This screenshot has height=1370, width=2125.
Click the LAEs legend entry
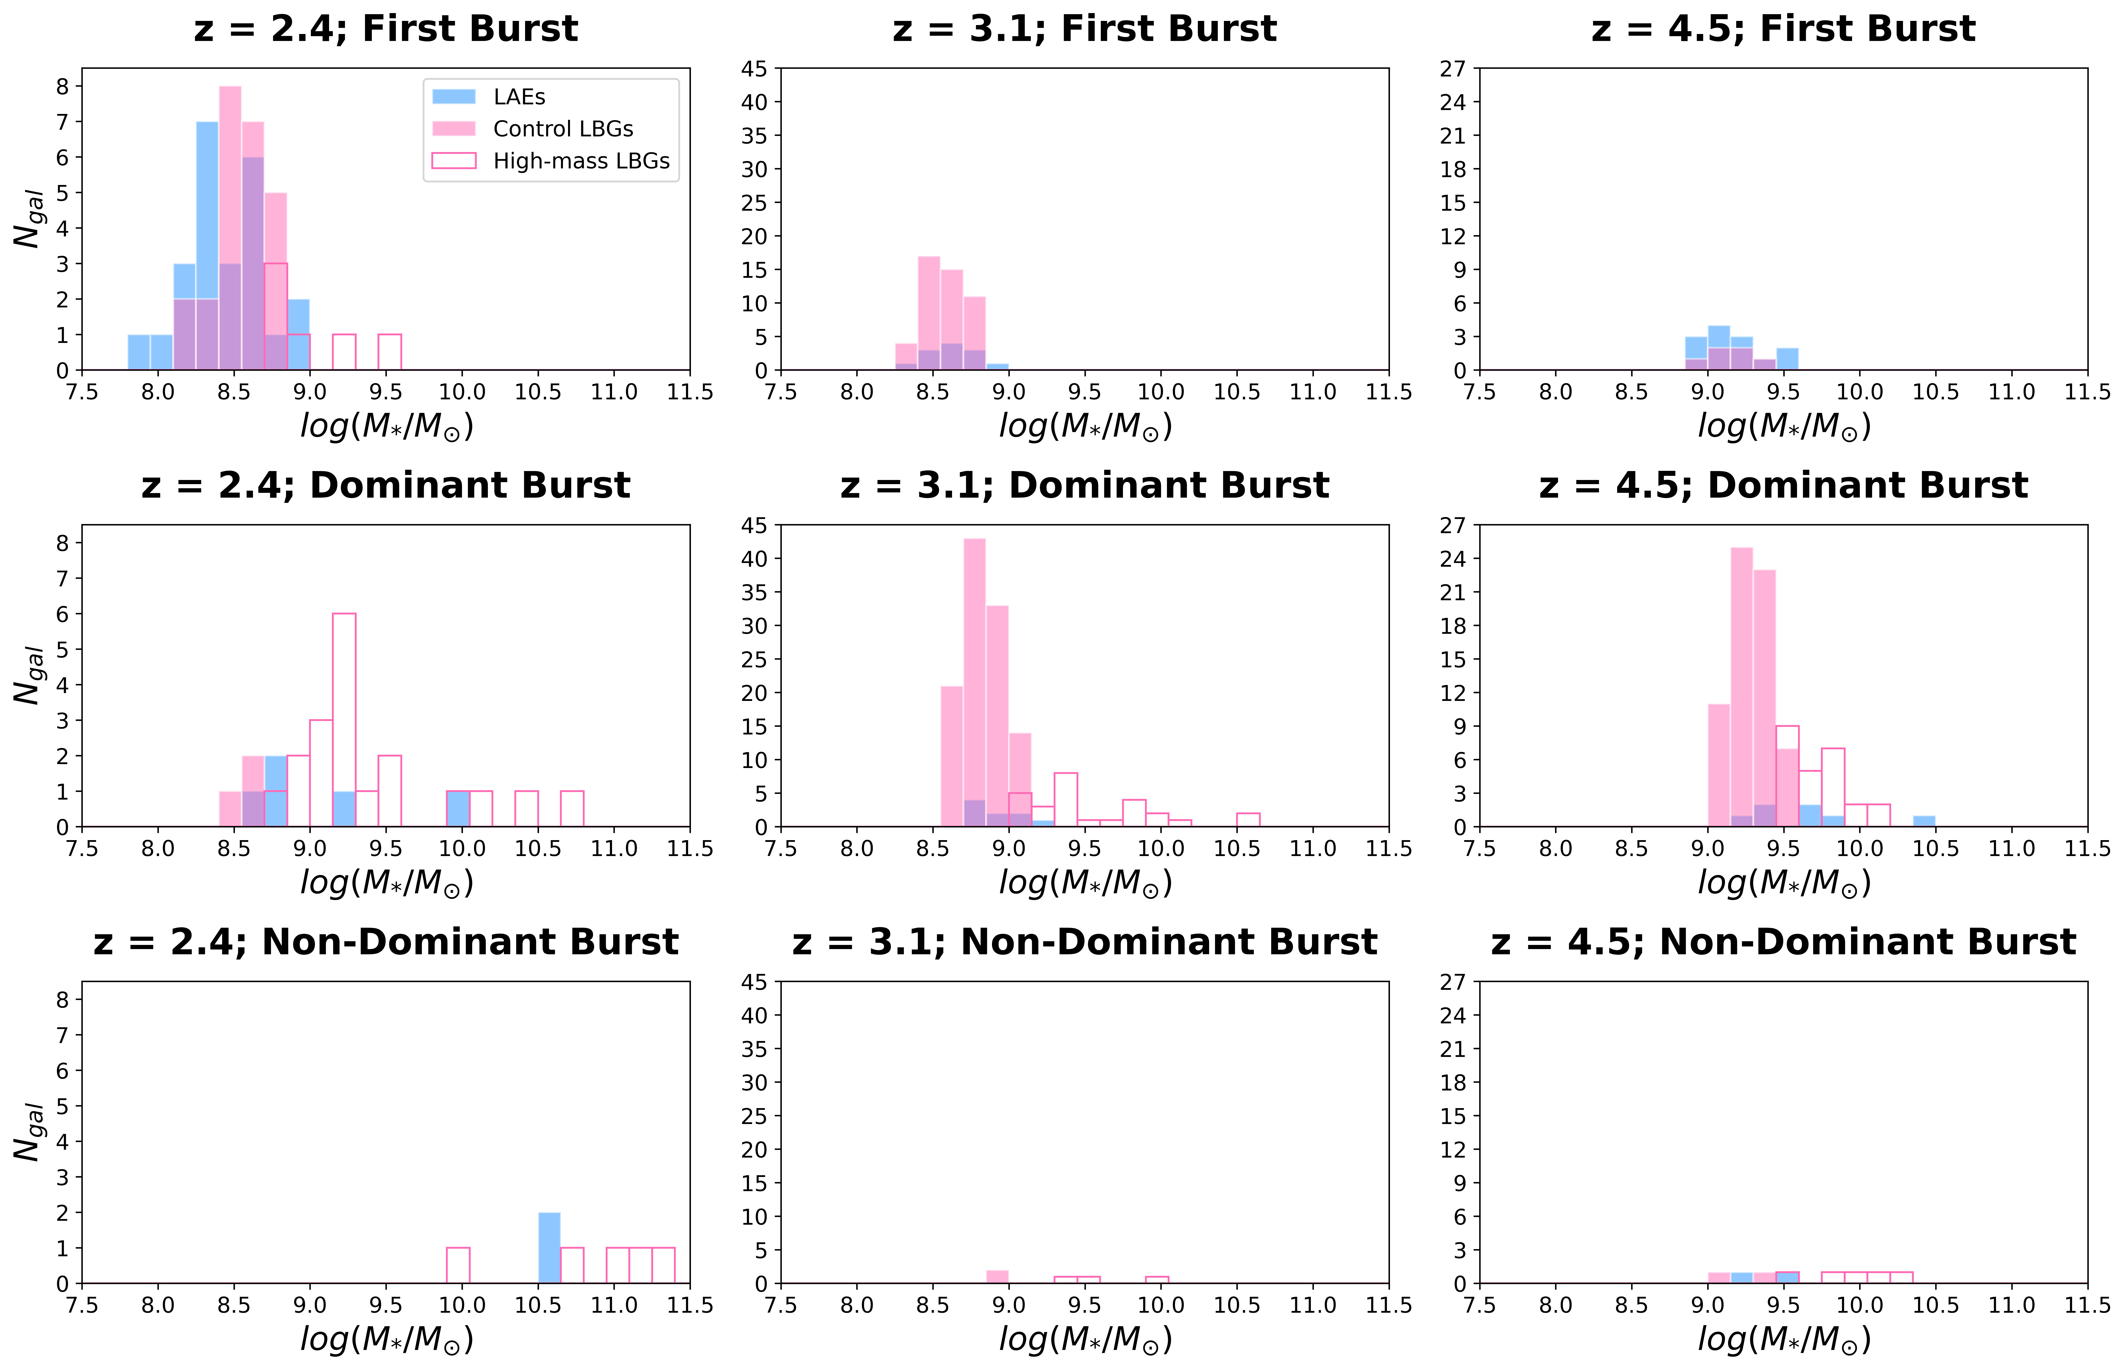click(519, 96)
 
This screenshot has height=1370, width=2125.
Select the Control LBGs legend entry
click(562, 129)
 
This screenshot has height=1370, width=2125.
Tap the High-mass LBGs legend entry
click(580, 161)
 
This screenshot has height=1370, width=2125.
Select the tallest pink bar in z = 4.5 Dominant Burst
click(1741, 687)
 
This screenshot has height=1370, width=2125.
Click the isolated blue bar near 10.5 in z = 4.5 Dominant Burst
click(1924, 821)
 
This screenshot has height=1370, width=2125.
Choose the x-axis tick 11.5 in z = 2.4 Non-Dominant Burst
click(691, 1305)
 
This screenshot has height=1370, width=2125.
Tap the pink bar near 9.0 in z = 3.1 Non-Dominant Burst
click(997, 1277)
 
